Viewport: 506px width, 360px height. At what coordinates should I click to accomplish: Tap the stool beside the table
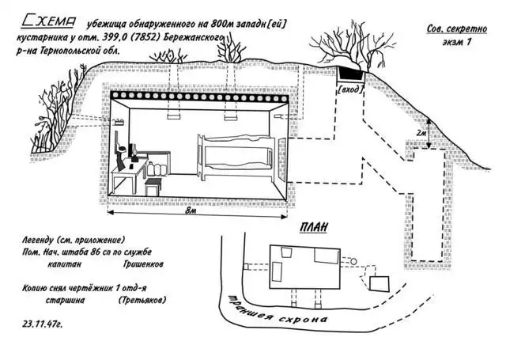153,186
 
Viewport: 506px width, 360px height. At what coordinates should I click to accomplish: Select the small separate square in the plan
382,282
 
